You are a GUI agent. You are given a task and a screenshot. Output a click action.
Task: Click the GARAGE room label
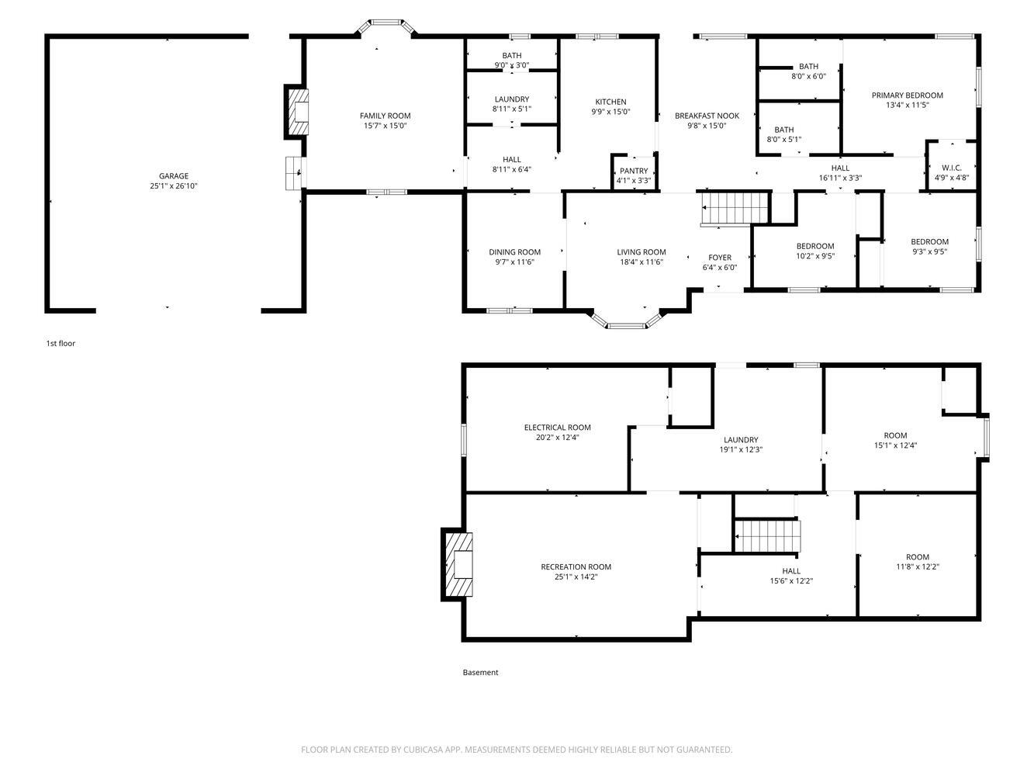(173, 175)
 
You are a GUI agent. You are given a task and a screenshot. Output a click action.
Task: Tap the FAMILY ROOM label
(385, 116)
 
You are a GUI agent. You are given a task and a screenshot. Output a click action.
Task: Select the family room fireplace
(297, 112)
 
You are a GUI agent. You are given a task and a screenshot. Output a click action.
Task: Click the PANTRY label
(634, 171)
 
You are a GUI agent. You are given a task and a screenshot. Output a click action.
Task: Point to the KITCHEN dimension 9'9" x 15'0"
(610, 112)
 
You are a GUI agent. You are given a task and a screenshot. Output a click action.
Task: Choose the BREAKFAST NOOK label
(707, 116)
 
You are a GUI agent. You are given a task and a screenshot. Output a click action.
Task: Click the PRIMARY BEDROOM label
(907, 95)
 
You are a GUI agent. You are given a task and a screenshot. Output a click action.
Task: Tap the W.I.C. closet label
(952, 168)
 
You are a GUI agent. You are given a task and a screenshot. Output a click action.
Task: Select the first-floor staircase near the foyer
(735, 208)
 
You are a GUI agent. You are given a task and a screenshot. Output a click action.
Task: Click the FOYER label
(720, 258)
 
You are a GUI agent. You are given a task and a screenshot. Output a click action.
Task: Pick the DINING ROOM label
(514, 252)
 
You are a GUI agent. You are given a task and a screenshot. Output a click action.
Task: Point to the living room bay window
(626, 320)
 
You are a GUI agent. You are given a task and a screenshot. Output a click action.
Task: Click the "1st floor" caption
(61, 344)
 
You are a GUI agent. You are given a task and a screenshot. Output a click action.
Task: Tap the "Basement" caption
(480, 672)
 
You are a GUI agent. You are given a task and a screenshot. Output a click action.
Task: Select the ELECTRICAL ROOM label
(557, 428)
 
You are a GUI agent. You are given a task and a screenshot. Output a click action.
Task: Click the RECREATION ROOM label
(576, 566)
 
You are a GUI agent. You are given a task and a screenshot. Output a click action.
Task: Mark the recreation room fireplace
(457, 564)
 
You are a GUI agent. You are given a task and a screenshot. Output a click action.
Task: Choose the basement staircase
(767, 535)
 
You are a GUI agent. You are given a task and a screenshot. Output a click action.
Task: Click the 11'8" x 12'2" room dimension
(917, 566)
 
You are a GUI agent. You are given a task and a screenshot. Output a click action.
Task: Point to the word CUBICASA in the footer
(423, 750)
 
